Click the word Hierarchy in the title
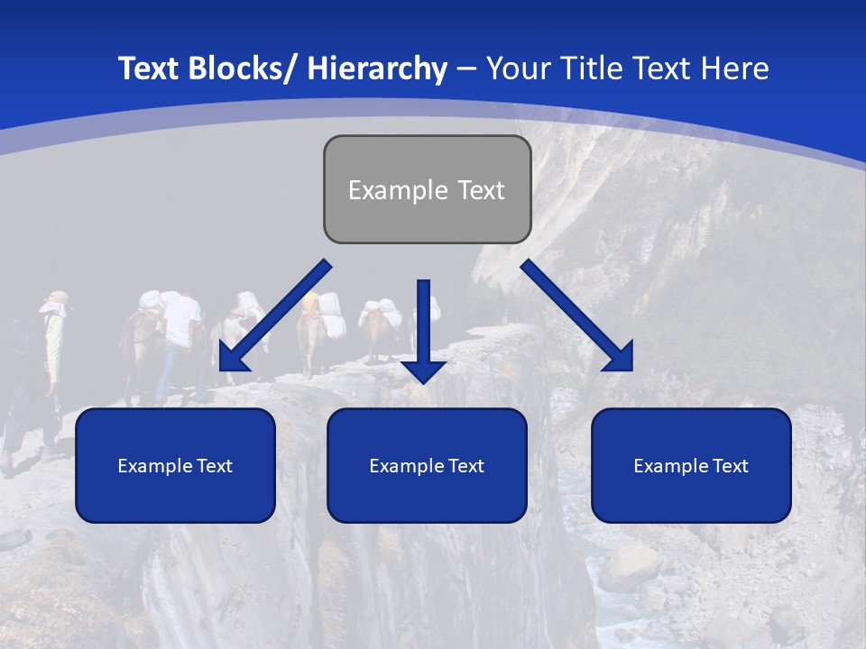[x=377, y=69]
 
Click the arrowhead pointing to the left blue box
[x=233, y=359]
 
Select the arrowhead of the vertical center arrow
[x=423, y=370]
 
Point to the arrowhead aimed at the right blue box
[x=619, y=357]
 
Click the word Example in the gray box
[x=385, y=190]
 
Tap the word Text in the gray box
[x=480, y=190]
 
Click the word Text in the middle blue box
[x=466, y=466]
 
